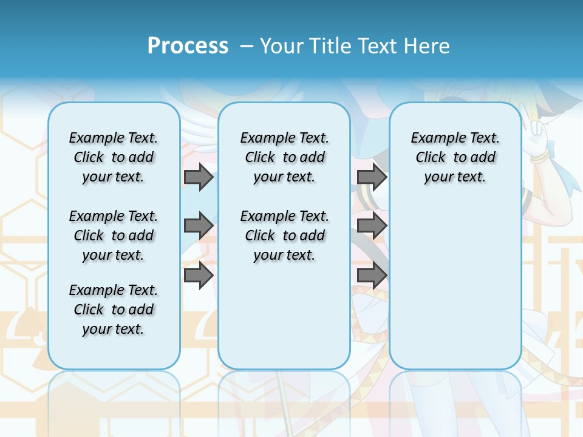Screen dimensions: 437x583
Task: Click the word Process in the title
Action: tap(188, 46)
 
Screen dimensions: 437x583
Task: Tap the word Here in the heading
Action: tap(429, 46)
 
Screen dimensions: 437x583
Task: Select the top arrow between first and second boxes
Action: tap(199, 177)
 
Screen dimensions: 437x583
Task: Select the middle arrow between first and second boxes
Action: tap(199, 226)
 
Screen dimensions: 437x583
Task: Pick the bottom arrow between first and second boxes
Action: tap(199, 276)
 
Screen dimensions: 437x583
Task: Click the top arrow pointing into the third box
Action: tap(372, 177)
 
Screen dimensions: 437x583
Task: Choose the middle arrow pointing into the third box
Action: tap(372, 226)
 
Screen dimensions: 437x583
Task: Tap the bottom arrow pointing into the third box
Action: tap(372, 276)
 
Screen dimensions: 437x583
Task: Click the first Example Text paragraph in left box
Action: tap(113, 157)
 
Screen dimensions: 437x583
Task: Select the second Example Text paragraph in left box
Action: tap(113, 235)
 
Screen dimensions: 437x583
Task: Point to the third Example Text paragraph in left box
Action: tap(113, 310)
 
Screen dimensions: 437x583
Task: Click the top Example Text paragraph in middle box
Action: tap(284, 157)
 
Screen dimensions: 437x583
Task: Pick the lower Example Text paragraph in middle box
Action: tap(284, 235)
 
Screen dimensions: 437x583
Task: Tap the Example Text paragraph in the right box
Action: tap(455, 157)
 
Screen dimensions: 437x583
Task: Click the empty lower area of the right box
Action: tap(455, 285)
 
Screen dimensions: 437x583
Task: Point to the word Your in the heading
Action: tap(282, 46)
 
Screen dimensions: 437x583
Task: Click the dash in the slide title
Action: tap(246, 46)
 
